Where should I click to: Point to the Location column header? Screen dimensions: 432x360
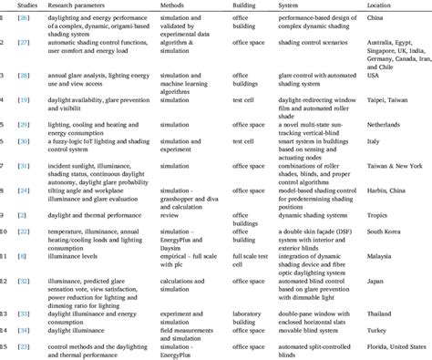378,5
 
